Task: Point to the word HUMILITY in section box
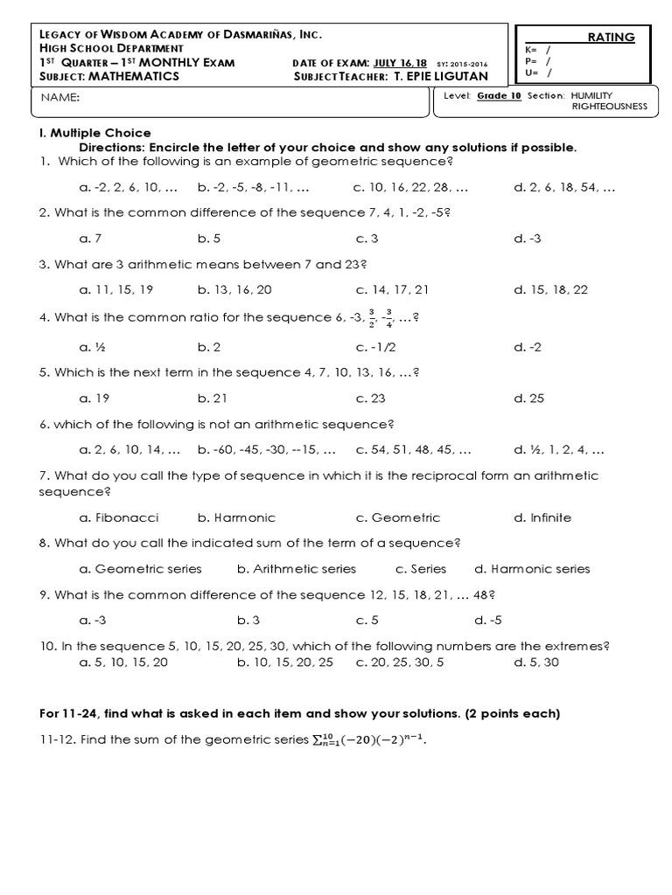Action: coord(594,94)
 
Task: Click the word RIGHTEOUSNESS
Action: coord(609,106)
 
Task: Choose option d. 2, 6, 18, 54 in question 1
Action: coord(565,187)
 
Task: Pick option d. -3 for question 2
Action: coord(528,238)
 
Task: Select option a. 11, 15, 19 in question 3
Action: coord(115,289)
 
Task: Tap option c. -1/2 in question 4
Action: coord(375,347)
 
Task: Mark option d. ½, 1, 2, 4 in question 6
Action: coord(559,450)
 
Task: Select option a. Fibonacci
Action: coord(119,517)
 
